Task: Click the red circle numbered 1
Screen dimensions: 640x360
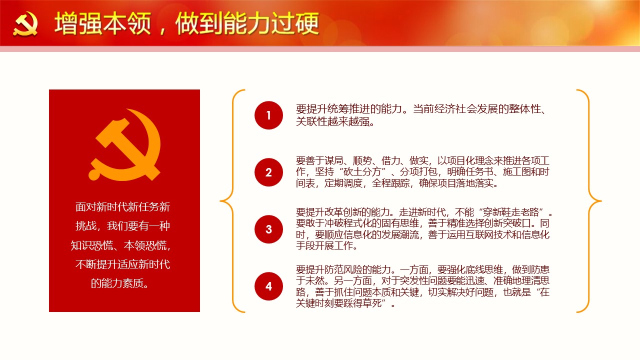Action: coord(268,115)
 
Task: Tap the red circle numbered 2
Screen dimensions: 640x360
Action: coord(268,172)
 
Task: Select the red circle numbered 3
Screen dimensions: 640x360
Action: coord(268,229)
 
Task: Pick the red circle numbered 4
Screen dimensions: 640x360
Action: coord(268,286)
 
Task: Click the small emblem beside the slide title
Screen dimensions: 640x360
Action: coord(25,24)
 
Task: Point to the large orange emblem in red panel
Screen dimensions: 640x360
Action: coord(124,144)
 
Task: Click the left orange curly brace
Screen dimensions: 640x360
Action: coord(232,201)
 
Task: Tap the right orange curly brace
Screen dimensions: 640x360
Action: coord(589,201)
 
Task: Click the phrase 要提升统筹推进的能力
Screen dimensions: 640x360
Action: coord(349,109)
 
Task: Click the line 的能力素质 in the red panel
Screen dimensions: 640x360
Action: coord(120,283)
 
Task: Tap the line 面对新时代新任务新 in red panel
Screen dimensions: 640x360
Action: coord(123,207)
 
